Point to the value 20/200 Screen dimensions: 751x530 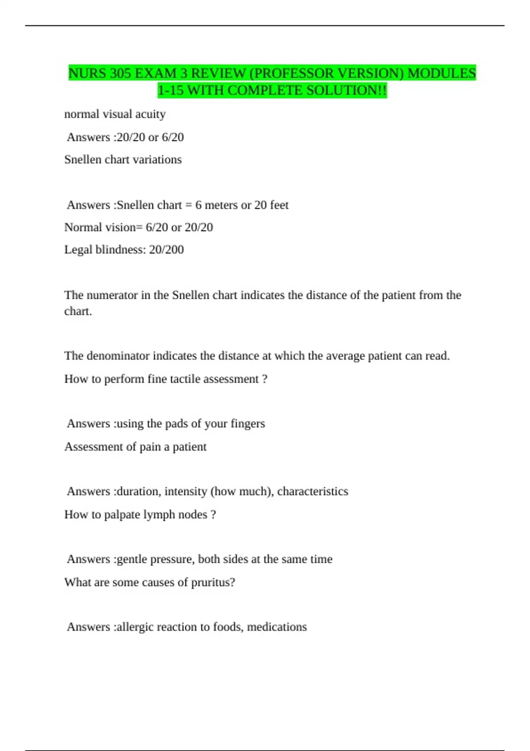[167, 250]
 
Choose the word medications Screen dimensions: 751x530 [277, 627]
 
